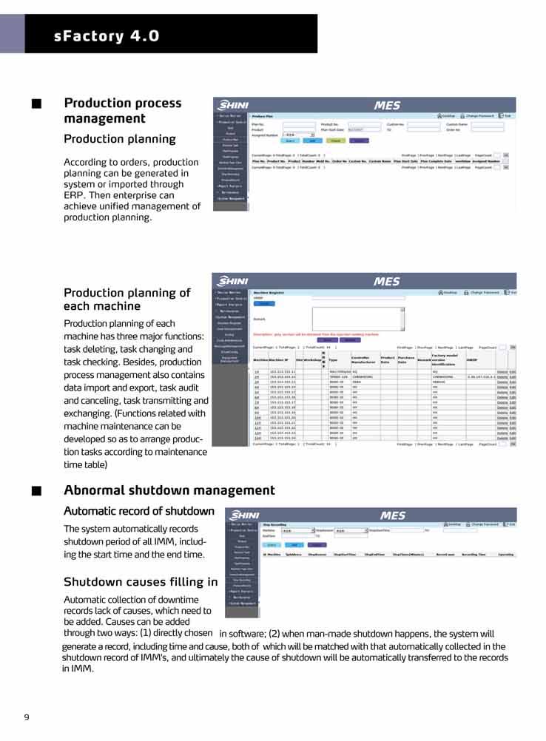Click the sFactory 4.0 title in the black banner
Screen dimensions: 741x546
coord(107,35)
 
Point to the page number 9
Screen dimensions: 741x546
coord(27,717)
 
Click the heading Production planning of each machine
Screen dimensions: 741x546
coord(127,299)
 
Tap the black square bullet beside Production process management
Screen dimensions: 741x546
coord(36,104)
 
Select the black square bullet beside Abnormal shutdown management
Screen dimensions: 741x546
coord(36,491)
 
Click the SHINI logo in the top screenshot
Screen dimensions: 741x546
coord(231,105)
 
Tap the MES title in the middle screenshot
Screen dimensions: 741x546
coord(386,281)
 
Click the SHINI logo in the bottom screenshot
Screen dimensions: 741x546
coord(244,515)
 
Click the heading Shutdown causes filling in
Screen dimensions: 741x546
coord(141,582)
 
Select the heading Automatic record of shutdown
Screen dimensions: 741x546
coord(138,511)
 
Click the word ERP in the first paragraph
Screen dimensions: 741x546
coord(75,195)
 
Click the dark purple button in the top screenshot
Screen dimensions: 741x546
coord(359,141)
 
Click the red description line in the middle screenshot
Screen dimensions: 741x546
coord(320,334)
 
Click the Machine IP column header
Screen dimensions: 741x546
coord(277,359)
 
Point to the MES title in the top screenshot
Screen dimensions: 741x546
coord(386,106)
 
